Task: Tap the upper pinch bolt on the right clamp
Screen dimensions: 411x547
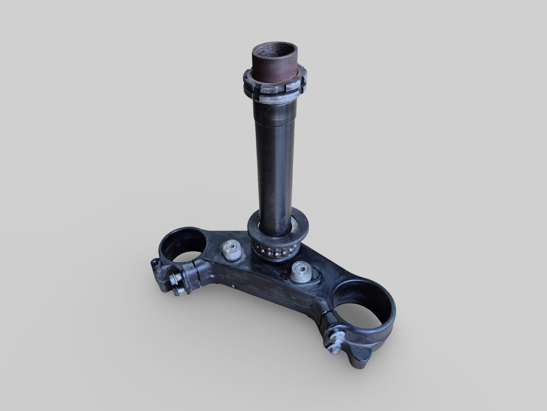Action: pyautogui.click(x=336, y=336)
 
